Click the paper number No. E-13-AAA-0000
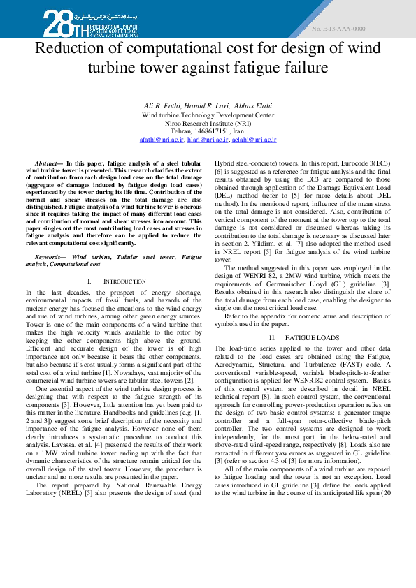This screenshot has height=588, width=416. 338,29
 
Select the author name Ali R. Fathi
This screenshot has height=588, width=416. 161,105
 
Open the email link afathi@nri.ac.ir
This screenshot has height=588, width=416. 162,140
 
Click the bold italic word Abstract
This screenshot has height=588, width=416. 47,162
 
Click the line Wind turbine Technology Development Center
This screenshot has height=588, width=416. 208,115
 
